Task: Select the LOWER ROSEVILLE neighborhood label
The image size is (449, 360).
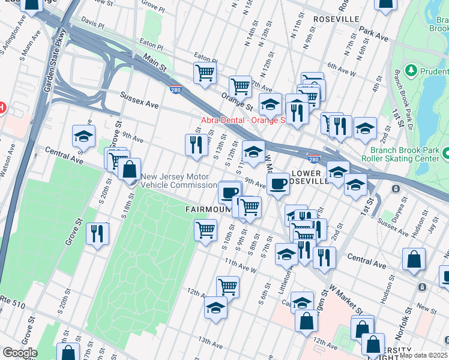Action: [310, 177]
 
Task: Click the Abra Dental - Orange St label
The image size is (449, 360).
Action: [242, 120]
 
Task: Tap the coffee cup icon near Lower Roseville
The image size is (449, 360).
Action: [278, 184]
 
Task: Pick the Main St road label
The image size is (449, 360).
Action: [154, 63]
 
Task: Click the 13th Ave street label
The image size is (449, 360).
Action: [212, 341]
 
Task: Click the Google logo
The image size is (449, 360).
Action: [19, 353]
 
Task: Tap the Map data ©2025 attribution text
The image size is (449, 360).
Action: [423, 355]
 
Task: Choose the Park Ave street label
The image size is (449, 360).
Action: [374, 32]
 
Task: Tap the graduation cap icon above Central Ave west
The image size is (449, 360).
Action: [84, 136]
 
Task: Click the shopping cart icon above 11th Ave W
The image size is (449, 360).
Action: [206, 230]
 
